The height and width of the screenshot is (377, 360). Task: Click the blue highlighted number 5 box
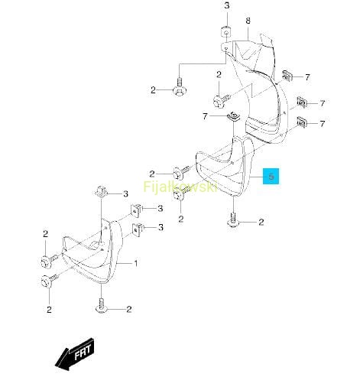271,176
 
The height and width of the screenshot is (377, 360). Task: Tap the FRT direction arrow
75,354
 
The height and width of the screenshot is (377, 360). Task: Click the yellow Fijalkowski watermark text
180,186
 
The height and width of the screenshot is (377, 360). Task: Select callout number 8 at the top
248,21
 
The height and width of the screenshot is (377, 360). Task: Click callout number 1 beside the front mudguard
136,263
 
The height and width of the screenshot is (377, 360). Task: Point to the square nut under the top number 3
225,32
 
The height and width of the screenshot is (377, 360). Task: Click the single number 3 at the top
227,5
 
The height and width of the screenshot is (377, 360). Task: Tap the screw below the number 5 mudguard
233,219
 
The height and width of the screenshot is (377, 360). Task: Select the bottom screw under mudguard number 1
101,306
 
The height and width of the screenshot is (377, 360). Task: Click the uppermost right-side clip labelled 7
287,76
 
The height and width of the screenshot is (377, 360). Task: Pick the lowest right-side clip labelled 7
302,122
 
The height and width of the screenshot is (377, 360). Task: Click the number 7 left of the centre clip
206,116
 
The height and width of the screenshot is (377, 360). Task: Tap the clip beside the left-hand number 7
233,116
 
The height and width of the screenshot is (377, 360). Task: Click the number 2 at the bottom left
49,310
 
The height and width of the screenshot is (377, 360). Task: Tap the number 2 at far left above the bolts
46,234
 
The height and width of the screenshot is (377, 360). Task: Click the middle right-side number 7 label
323,103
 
